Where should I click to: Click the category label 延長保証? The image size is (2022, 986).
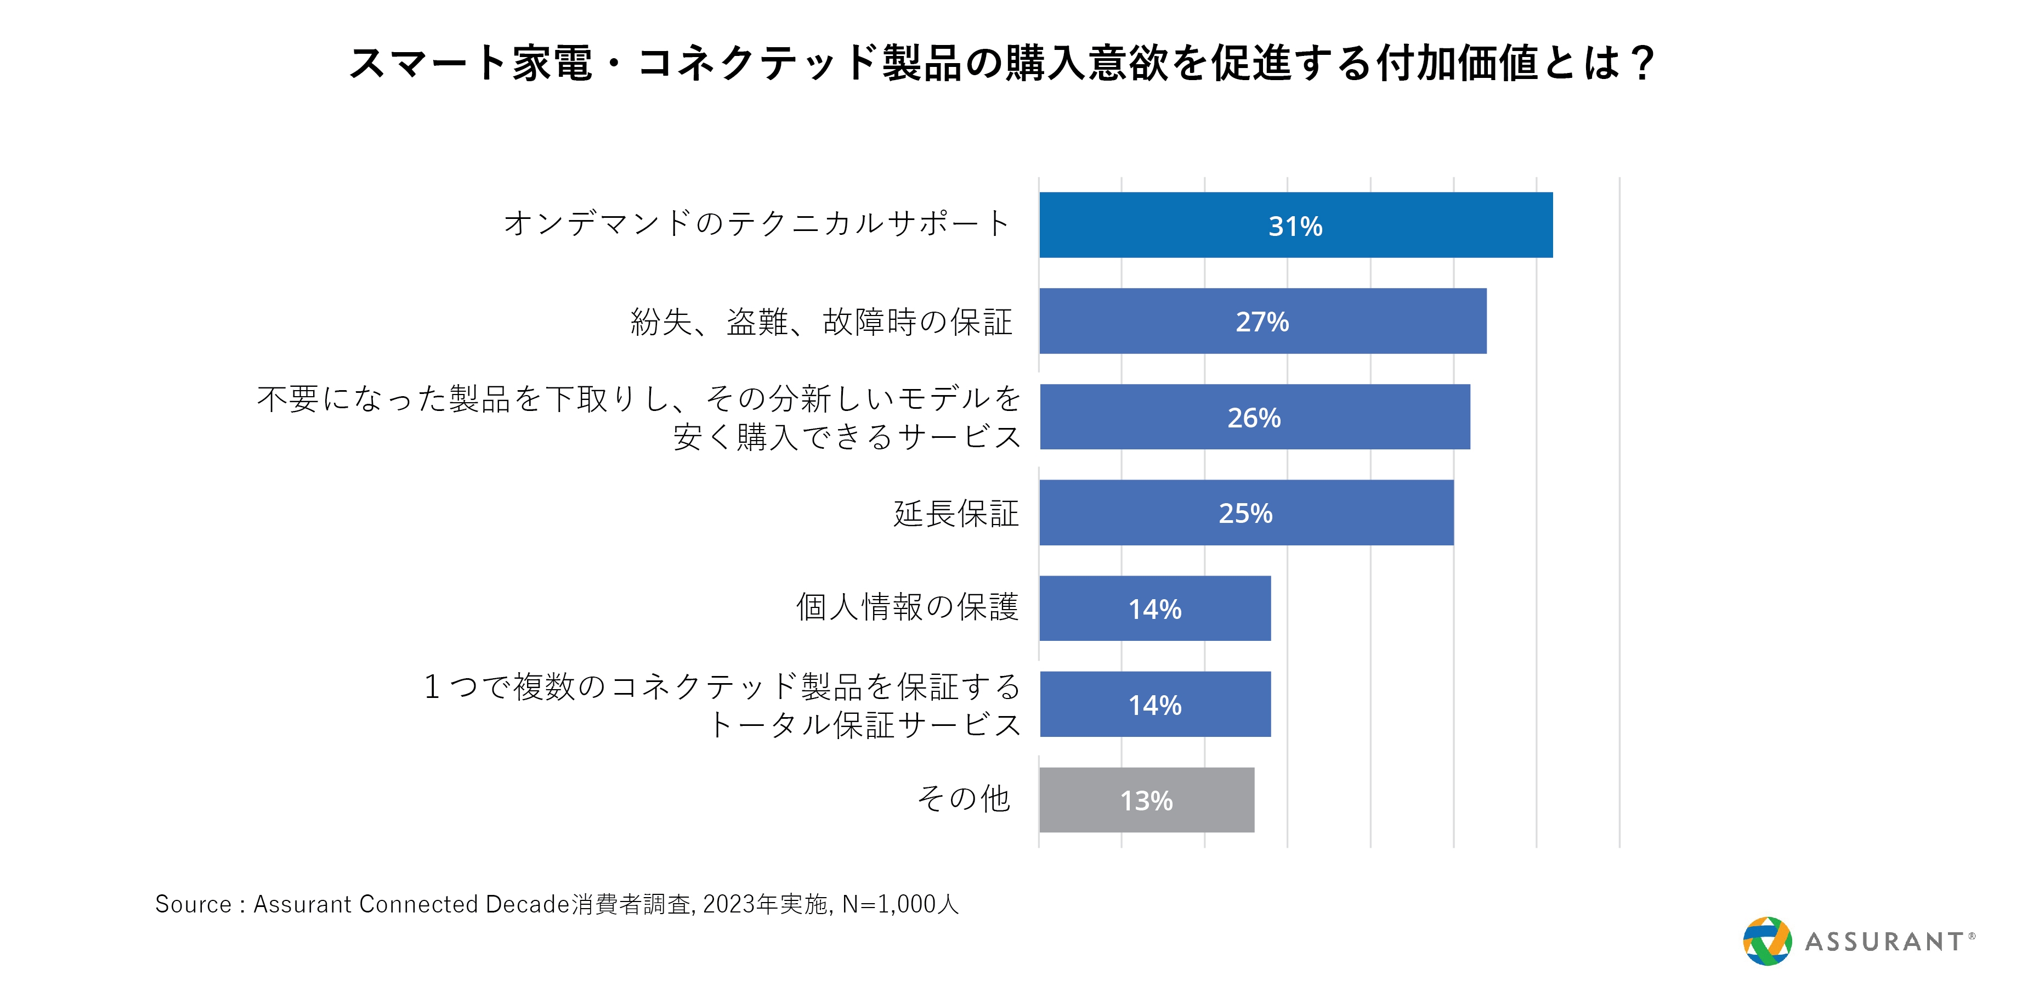(x=956, y=514)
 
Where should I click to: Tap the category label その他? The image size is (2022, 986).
(x=964, y=798)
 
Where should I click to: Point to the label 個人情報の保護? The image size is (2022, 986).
(x=908, y=607)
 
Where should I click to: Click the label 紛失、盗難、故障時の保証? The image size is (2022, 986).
(x=822, y=322)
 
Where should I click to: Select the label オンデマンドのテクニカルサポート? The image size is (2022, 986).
(x=757, y=224)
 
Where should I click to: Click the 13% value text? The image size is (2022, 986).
(x=1146, y=801)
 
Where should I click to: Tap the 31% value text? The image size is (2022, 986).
(x=1295, y=226)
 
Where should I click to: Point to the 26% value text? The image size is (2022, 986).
(x=1254, y=418)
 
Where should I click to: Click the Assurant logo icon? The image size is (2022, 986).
(x=1767, y=940)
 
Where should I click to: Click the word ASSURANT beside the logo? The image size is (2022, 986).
(x=1884, y=941)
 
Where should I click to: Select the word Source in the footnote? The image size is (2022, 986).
(x=193, y=904)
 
